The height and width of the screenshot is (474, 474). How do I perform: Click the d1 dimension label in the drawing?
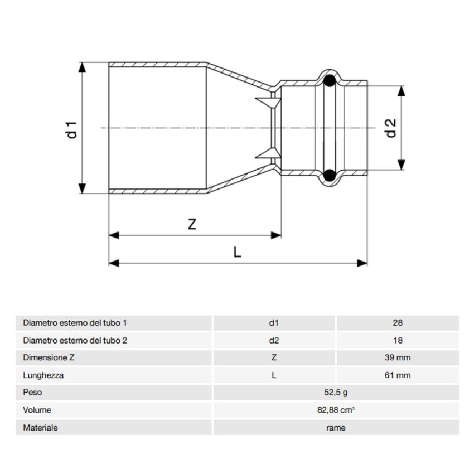pyautogui.click(x=71, y=128)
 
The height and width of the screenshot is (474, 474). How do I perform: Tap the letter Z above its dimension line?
pyautogui.click(x=192, y=224)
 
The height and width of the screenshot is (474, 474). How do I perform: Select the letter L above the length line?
pyautogui.click(x=238, y=252)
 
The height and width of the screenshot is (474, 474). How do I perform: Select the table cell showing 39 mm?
pyautogui.click(x=398, y=357)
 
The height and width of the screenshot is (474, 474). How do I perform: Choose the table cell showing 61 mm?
pyautogui.click(x=398, y=375)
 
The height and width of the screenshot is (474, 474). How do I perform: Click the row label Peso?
pyautogui.click(x=32, y=393)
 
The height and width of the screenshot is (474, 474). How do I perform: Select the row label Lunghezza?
pyautogui.click(x=43, y=375)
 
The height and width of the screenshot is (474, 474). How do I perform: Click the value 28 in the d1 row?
pyautogui.click(x=398, y=322)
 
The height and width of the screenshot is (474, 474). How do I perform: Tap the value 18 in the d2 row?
pyautogui.click(x=398, y=340)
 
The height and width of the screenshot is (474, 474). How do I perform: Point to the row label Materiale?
pyautogui.click(x=40, y=428)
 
